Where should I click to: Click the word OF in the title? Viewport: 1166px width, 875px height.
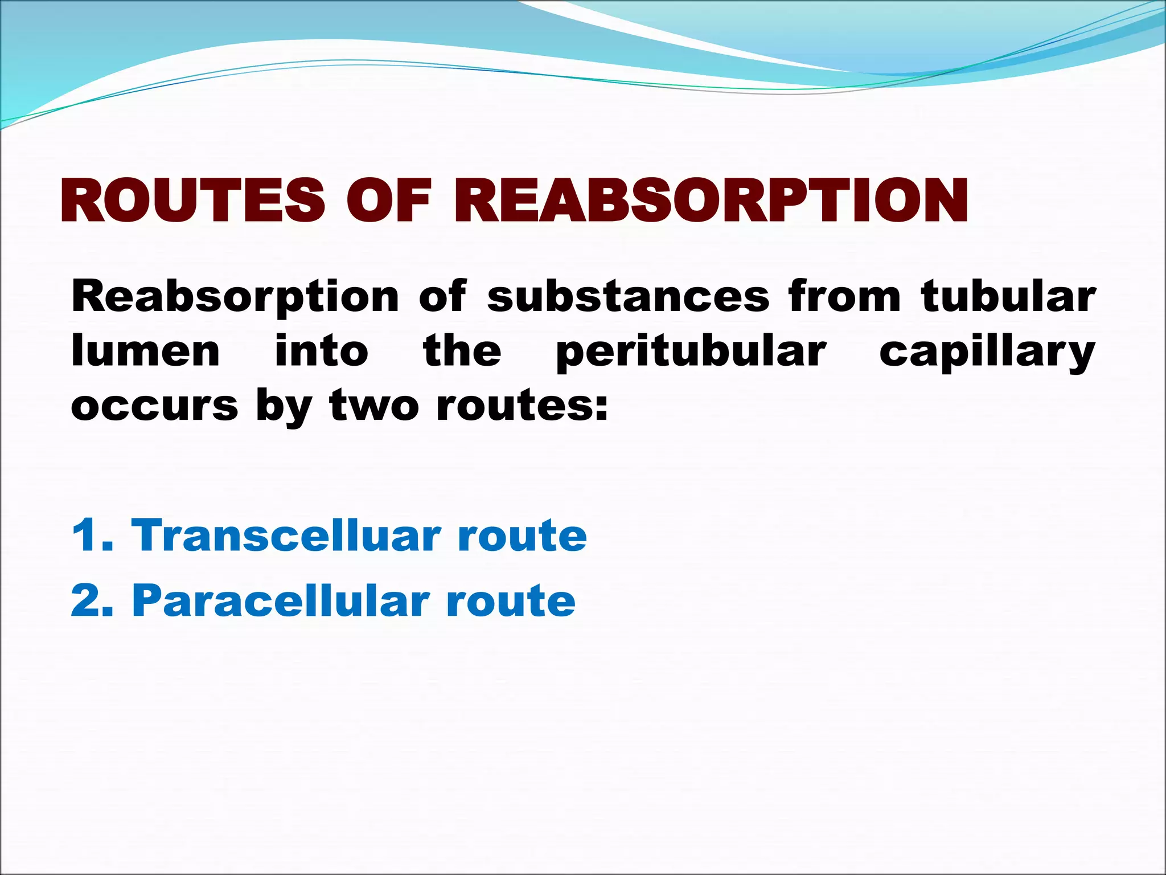point(390,201)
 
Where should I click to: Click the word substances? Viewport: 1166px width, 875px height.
point(628,297)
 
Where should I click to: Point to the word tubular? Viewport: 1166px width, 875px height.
point(1008,297)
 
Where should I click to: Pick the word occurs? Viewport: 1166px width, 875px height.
point(154,406)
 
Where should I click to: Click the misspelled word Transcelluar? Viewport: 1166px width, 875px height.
point(286,535)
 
